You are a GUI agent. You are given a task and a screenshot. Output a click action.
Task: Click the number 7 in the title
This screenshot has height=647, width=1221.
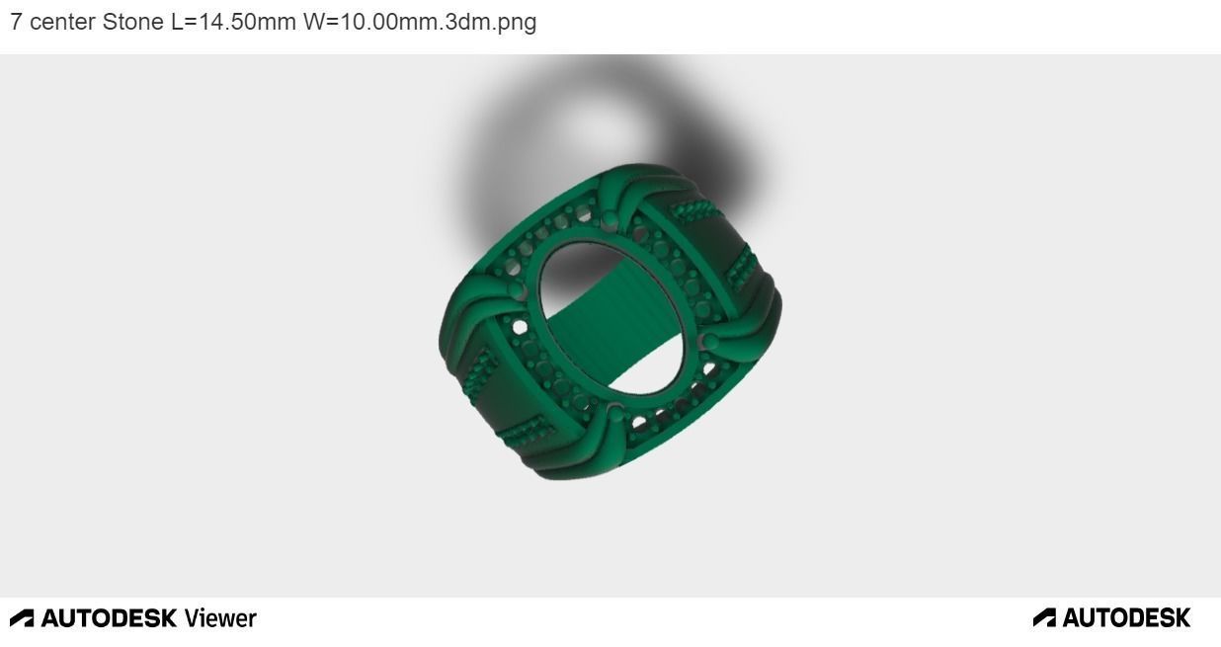(17, 22)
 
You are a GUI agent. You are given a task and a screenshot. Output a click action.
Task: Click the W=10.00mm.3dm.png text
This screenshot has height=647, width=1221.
(420, 22)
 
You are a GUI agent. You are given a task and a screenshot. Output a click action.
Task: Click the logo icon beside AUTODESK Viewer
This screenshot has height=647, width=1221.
(22, 618)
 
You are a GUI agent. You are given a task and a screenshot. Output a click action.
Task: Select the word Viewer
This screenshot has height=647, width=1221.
(220, 618)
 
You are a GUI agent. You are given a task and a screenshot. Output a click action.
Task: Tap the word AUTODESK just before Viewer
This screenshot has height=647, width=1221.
(109, 618)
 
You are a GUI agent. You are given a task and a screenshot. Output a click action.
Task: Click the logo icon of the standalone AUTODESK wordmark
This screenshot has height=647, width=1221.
(1044, 618)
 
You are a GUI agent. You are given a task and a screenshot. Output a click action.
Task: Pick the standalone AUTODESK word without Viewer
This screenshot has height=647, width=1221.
(1126, 618)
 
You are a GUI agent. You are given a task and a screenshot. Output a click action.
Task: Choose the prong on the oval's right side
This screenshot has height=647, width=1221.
(708, 342)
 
